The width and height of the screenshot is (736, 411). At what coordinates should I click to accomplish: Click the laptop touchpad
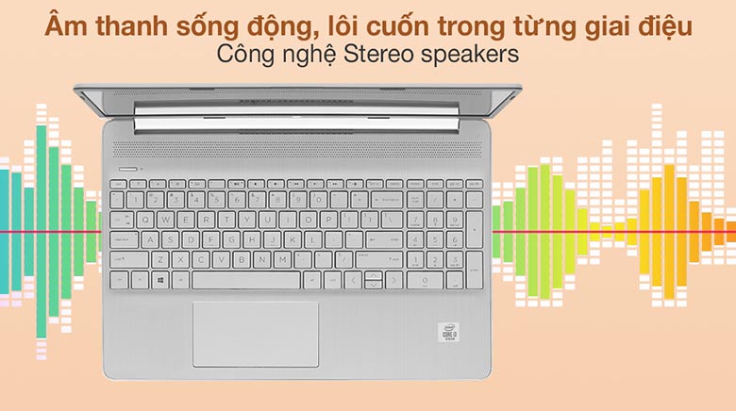pyautogui.click(x=255, y=333)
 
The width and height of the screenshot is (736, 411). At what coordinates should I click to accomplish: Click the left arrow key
pyautogui.click(x=352, y=281)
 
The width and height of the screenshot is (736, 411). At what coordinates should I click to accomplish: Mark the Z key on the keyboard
pyautogui.click(x=161, y=259)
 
